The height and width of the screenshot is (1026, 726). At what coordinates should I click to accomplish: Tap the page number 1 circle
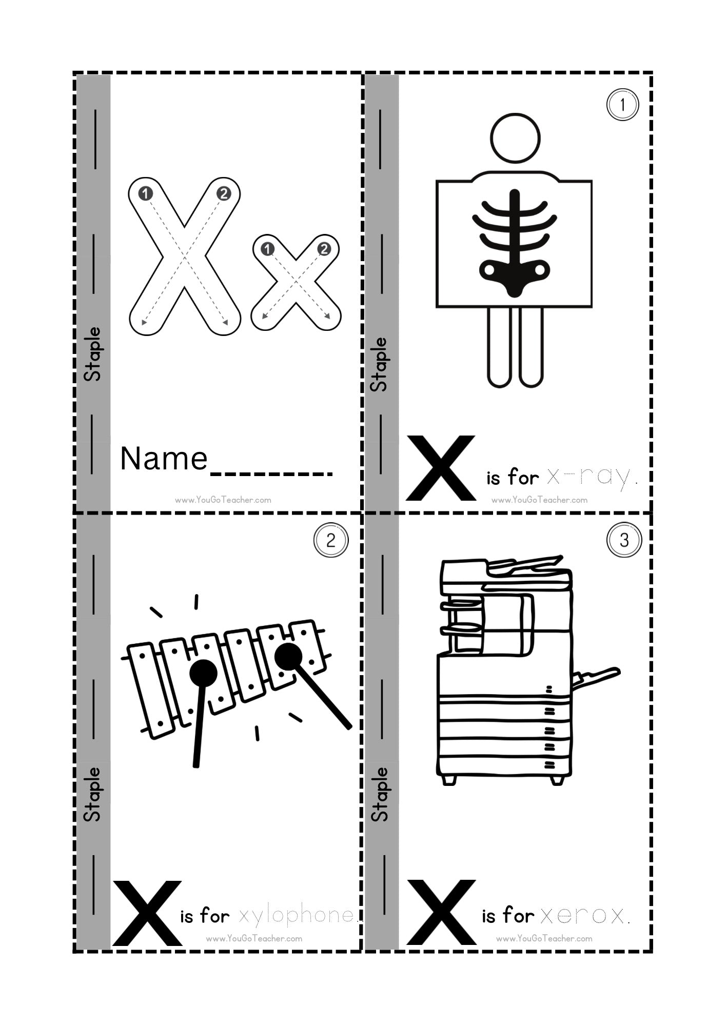point(622,105)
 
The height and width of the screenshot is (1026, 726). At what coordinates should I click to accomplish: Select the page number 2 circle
point(331,540)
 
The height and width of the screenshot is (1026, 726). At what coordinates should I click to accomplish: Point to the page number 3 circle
point(624,540)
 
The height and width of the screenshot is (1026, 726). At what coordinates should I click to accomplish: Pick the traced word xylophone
point(298,915)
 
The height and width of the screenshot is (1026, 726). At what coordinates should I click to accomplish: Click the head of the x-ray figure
point(515,138)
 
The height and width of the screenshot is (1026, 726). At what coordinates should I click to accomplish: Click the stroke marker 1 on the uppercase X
point(146,193)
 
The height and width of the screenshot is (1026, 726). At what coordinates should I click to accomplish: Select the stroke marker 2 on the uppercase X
point(224,193)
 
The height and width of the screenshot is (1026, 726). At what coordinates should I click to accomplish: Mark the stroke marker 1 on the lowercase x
point(267,249)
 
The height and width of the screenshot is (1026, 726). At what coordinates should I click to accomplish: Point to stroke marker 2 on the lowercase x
point(324,249)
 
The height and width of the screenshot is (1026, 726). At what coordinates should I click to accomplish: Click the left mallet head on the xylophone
point(203,673)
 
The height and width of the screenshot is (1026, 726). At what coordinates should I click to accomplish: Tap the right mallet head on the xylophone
point(288,656)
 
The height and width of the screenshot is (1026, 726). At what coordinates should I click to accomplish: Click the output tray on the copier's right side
point(595,678)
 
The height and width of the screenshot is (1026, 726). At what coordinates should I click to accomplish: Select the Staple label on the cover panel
point(93,354)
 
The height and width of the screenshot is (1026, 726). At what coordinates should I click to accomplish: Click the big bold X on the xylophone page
point(147,913)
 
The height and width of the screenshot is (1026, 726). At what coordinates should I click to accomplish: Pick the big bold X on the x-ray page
point(441,468)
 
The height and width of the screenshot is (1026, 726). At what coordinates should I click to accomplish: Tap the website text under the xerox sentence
point(544,939)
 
